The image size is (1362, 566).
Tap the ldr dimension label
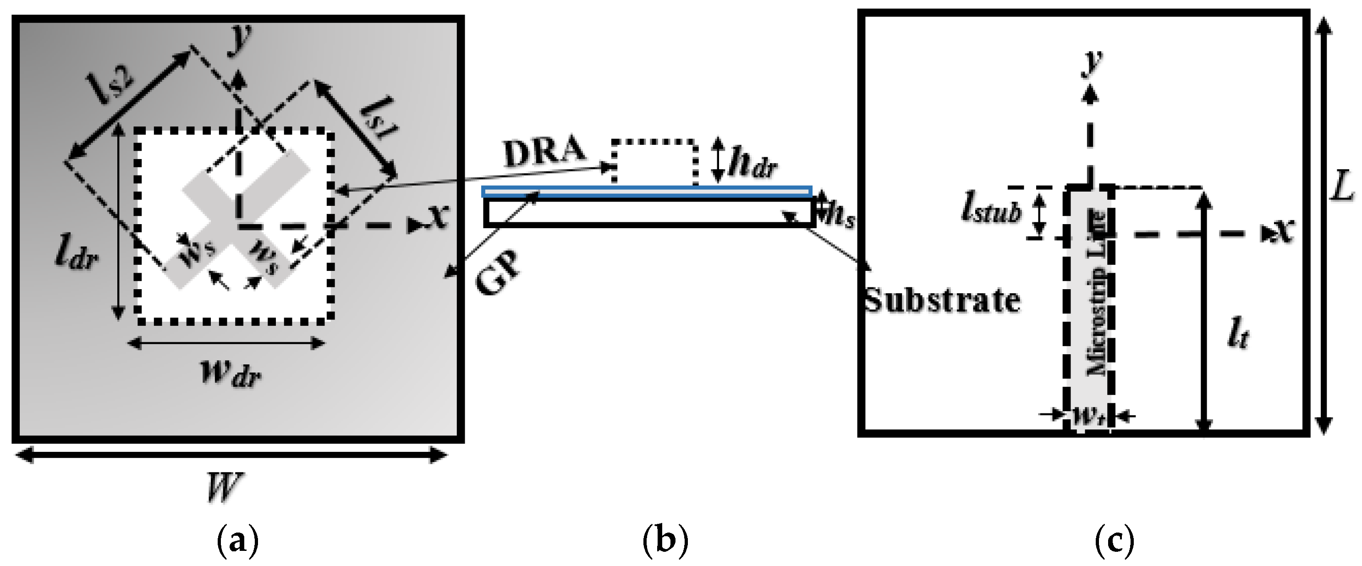[77, 255]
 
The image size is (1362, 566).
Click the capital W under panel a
[224, 487]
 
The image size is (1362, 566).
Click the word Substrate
[942, 301]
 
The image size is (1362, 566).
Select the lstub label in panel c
[991, 210]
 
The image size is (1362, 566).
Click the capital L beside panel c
[1340, 186]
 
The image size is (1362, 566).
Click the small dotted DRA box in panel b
[654, 162]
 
